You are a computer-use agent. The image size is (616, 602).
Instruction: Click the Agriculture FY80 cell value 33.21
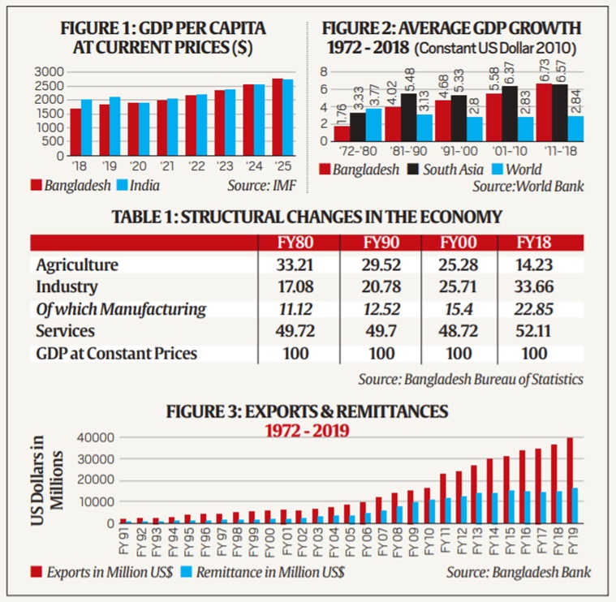[x=291, y=265]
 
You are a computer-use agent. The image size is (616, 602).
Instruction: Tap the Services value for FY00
[x=459, y=331]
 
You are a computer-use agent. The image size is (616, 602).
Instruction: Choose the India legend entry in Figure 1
[x=143, y=186]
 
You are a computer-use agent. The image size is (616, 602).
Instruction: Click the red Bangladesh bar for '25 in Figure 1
[x=278, y=117]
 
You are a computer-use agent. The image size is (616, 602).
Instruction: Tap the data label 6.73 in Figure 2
[x=544, y=71]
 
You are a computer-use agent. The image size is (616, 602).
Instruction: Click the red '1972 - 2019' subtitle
[x=306, y=429]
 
